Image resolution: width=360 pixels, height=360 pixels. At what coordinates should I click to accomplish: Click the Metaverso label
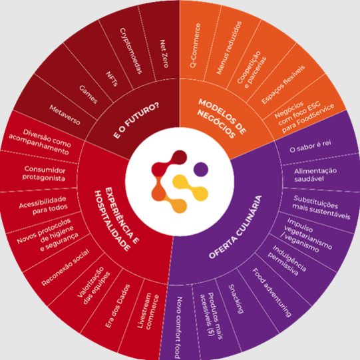65,115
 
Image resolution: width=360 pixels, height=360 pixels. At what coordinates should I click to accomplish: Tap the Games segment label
89,94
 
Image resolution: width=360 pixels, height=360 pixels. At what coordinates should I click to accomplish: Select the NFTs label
112,79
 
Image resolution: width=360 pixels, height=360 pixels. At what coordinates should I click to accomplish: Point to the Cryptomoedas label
131,51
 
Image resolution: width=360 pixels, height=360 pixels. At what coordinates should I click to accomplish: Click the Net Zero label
164,54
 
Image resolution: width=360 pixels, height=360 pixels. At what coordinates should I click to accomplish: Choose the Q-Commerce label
195,45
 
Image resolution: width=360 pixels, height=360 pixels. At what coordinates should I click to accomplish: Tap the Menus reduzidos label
229,48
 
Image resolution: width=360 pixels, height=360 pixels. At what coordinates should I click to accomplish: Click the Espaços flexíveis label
283,85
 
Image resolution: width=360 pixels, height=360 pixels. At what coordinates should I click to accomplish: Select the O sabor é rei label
310,146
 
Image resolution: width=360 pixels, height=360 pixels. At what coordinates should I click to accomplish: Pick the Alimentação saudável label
315,175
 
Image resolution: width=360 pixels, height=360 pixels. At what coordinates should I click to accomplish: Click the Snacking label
236,299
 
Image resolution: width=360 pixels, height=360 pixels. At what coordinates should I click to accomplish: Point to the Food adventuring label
272,293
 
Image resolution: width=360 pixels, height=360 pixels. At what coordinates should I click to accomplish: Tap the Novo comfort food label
178,327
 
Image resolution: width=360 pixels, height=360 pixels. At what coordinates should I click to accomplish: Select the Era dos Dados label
118,306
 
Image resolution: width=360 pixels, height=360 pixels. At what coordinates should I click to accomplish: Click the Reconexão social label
65,268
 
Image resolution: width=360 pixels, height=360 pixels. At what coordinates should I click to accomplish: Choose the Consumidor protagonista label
45,174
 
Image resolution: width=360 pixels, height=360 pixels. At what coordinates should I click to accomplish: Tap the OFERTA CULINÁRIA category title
236,227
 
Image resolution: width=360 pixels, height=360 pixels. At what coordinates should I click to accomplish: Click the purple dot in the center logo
201,170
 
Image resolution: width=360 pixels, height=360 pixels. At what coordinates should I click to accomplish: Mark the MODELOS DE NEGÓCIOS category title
222,118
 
